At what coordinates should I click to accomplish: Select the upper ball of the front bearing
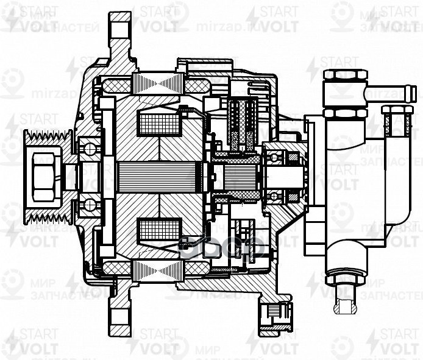coord(90,148)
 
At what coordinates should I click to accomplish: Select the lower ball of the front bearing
coord(90,205)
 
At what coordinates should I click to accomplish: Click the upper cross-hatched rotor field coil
coord(159,124)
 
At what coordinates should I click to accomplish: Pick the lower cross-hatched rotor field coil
coord(159,230)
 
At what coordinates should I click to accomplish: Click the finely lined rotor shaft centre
coord(158,177)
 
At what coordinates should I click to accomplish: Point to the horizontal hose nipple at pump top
coord(391,93)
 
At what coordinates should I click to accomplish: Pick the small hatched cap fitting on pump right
coord(397,122)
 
